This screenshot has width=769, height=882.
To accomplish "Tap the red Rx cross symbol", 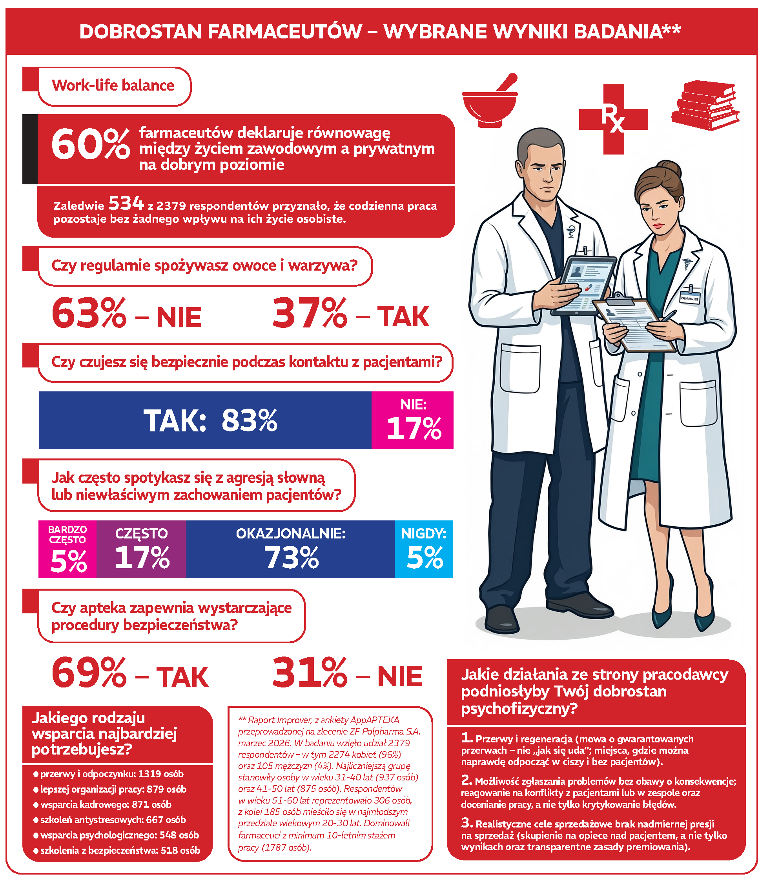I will point(613,119).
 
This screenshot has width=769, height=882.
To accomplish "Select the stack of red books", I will point(705,105).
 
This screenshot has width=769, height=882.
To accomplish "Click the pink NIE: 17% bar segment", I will point(412,420).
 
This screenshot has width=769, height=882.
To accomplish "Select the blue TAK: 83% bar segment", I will point(205,420).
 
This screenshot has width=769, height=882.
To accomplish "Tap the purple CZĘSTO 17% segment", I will point(142,549).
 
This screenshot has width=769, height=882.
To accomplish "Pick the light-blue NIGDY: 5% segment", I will point(424,549).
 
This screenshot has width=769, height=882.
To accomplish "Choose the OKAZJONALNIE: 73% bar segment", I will point(290,549).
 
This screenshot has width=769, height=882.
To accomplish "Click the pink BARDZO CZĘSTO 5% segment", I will point(68,549).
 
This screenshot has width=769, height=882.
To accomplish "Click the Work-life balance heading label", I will point(113,86).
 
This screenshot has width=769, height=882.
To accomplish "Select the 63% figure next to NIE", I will point(89,314).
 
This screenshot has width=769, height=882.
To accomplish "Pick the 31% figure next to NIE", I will point(310,673).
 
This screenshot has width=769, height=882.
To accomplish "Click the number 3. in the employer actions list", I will point(467,823).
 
